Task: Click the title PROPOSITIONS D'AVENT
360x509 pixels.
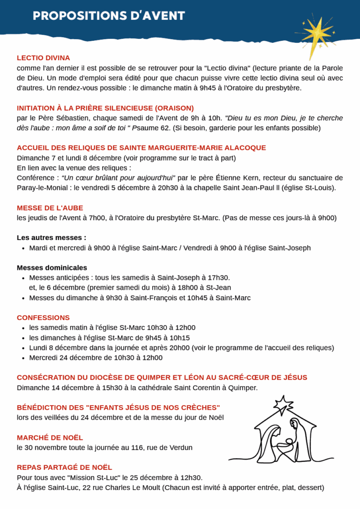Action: [x=109, y=16]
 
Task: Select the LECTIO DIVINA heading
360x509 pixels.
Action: [x=43, y=58]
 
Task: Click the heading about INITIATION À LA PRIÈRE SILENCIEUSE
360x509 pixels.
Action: [x=105, y=108]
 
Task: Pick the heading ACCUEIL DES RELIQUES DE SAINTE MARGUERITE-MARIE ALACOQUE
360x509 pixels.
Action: [x=141, y=148]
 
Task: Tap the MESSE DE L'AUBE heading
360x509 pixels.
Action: [x=50, y=208]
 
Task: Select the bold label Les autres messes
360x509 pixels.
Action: [x=51, y=238]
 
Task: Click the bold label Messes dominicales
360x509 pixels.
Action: [x=52, y=267]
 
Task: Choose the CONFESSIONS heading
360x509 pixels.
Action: [x=43, y=318]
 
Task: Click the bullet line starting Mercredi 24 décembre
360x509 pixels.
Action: [x=95, y=357]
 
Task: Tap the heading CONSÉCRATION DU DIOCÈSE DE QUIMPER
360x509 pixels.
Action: [x=162, y=377]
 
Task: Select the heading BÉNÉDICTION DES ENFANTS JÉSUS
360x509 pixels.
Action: [x=118, y=407]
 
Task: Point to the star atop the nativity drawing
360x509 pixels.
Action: [x=283, y=402]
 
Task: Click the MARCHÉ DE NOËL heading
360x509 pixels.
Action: [x=50, y=437]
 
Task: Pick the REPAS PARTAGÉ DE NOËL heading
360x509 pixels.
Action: [x=64, y=467]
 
